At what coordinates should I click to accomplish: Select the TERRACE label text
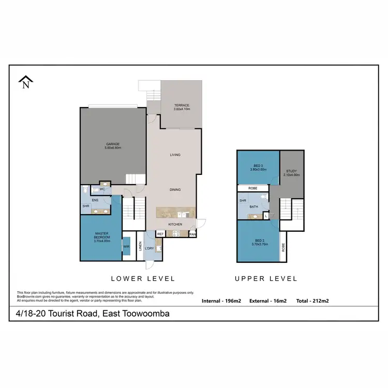[x=182, y=106]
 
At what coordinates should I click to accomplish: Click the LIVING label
[x=175, y=155]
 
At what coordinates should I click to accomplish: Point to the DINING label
[x=175, y=190]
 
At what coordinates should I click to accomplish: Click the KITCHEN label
[x=175, y=224]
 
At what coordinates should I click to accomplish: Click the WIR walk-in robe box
[x=126, y=247]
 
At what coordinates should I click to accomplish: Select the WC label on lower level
[x=102, y=189]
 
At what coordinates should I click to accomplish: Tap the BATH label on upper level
[x=254, y=206]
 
